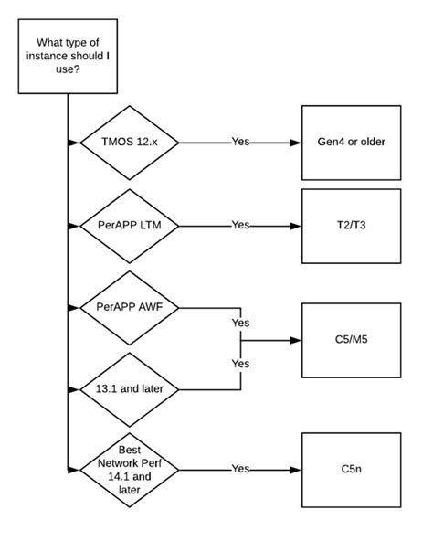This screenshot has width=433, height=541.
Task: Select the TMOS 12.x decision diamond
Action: coord(129,143)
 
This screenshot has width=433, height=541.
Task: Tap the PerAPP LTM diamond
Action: coord(129,224)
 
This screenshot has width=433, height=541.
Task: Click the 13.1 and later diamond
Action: coord(129,387)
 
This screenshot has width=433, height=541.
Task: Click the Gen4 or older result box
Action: coord(352,143)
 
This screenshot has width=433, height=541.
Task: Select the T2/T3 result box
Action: coord(352,224)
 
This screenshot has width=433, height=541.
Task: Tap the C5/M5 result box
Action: coord(352,340)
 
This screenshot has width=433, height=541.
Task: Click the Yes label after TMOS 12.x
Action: coord(240,143)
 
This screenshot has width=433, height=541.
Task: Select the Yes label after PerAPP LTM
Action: coord(240,224)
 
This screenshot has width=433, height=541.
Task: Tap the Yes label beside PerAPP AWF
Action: coord(240,323)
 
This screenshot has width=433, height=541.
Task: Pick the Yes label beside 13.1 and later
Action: coord(240,363)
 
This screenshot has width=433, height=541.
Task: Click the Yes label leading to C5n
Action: coord(240,469)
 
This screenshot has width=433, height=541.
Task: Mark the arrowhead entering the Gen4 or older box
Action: coord(297,143)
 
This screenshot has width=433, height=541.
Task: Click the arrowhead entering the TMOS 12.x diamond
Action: coord(73,143)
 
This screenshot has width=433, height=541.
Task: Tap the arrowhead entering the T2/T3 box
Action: coord(297,224)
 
